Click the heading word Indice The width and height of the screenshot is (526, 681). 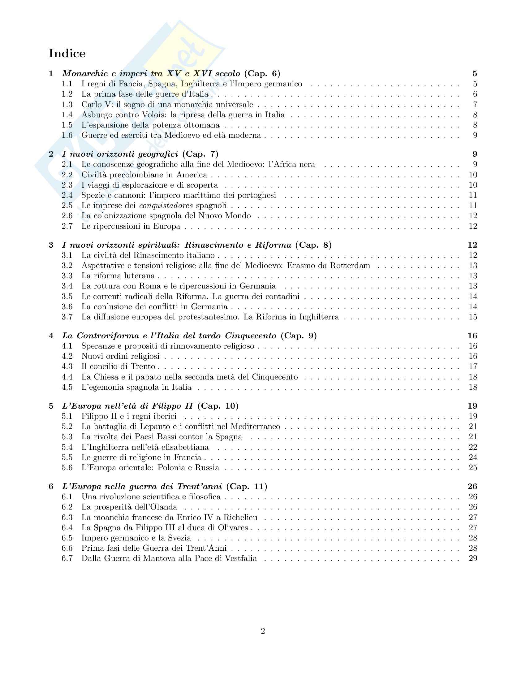67,53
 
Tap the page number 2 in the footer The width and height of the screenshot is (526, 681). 263,631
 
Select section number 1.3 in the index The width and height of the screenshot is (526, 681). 67,104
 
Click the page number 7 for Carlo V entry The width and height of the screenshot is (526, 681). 475,104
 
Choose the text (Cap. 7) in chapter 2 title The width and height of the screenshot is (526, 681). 200,154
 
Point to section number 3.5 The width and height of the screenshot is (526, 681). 67,296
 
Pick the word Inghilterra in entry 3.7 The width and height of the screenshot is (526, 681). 319,317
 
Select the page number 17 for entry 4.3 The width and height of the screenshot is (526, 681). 473,367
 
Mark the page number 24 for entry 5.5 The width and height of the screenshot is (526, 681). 473,457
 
